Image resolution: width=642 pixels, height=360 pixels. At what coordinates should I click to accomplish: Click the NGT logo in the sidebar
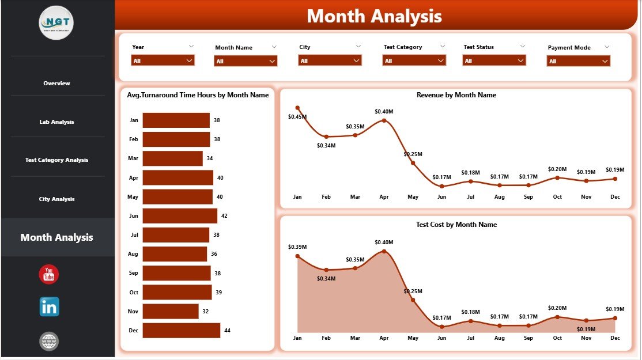(x=56, y=22)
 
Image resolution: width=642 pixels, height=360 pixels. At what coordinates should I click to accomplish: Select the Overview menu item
(x=56, y=84)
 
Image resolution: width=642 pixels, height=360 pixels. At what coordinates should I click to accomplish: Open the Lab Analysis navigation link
(x=56, y=122)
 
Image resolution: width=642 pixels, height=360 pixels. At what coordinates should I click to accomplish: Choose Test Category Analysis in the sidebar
(x=56, y=160)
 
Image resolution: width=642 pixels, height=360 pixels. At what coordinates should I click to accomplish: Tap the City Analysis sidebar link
(x=56, y=199)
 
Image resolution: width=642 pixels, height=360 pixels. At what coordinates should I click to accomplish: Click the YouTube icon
(x=49, y=274)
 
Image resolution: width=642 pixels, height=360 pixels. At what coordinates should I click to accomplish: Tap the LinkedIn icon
(x=49, y=307)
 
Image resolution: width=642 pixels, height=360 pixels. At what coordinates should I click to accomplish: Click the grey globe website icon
(x=49, y=341)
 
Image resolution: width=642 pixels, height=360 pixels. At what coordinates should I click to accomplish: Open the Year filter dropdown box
(x=163, y=60)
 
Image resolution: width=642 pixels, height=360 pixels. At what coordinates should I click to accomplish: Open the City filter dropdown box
(x=330, y=60)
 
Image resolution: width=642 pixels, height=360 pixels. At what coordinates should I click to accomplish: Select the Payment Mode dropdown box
(x=578, y=61)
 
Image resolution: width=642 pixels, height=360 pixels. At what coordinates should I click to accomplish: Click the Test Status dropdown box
(x=494, y=60)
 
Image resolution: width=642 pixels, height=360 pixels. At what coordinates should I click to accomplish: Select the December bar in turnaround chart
(x=181, y=330)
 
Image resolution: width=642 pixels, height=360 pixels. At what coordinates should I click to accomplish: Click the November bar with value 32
(x=171, y=311)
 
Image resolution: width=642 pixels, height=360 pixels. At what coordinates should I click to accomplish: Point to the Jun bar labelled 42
(x=179, y=216)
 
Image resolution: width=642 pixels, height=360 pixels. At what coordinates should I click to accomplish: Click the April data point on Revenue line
(x=384, y=121)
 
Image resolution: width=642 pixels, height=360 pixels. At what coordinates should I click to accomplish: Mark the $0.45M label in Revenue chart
(x=297, y=117)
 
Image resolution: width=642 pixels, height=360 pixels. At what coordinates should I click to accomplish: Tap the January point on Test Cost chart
(x=297, y=256)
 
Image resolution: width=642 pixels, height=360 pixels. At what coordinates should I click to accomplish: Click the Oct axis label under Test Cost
(x=557, y=338)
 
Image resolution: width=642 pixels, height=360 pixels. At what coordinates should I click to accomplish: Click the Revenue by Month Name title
(x=456, y=95)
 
